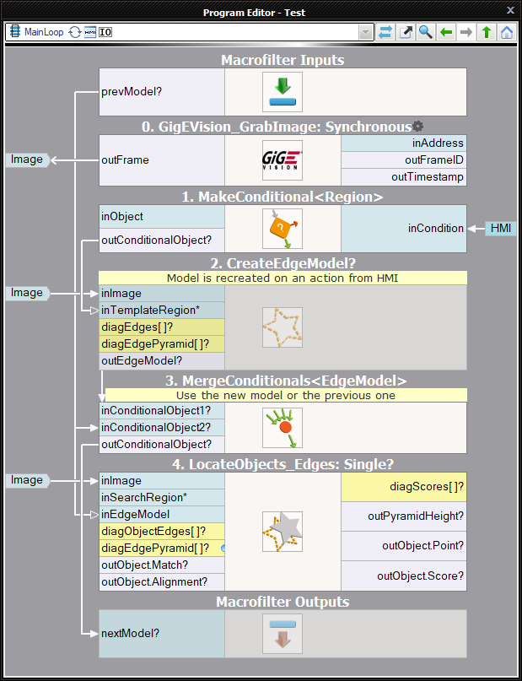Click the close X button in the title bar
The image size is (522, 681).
point(509,12)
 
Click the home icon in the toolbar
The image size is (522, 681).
point(506,32)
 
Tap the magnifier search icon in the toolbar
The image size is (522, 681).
point(426,32)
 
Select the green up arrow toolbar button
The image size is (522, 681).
point(486,32)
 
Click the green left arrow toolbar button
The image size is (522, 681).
point(446,32)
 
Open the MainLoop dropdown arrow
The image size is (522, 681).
point(365,32)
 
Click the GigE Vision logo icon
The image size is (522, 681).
point(283,159)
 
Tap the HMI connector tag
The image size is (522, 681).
point(499,229)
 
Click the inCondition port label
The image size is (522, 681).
point(435,229)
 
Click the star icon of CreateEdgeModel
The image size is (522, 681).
point(283,327)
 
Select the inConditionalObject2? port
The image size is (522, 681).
point(156,427)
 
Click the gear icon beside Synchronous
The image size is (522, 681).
point(417,127)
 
